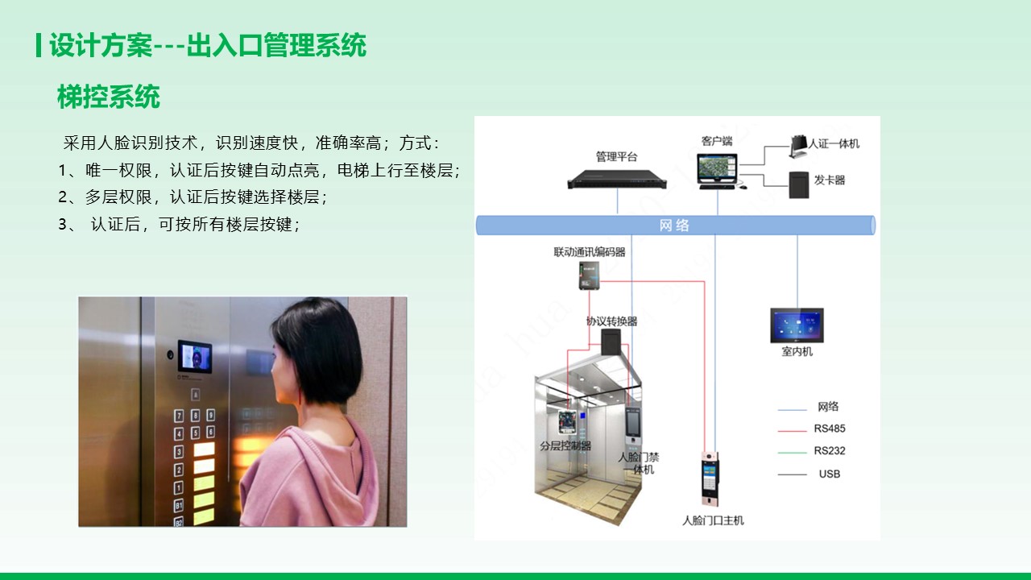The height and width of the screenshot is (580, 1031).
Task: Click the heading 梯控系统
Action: click(109, 97)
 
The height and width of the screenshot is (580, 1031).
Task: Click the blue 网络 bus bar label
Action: click(674, 226)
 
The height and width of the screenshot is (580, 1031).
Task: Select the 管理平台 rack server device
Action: click(617, 179)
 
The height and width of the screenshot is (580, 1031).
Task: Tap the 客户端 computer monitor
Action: click(717, 168)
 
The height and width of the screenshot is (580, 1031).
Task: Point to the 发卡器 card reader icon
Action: click(798, 184)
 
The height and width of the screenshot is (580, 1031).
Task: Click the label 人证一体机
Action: click(834, 143)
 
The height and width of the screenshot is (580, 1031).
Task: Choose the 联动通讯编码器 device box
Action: click(589, 275)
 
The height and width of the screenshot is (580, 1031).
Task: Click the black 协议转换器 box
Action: click(611, 341)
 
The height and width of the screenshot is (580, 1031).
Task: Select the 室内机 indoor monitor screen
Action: click(797, 325)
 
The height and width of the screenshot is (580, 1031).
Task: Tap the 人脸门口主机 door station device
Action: click(710, 478)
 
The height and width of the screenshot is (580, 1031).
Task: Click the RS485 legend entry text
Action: click(830, 429)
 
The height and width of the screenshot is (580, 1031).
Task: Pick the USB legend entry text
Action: click(830, 474)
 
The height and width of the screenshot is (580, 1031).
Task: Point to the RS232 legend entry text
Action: click(830, 450)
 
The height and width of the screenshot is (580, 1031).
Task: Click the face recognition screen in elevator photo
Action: click(195, 357)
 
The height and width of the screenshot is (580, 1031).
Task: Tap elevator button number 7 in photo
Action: click(179, 416)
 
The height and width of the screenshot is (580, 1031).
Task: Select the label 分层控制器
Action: click(565, 445)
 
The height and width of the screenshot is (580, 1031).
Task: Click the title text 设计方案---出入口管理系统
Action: click(208, 45)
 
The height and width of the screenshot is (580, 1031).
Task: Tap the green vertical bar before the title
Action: click(39, 45)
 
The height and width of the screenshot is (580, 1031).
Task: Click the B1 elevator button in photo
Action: click(179, 505)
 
